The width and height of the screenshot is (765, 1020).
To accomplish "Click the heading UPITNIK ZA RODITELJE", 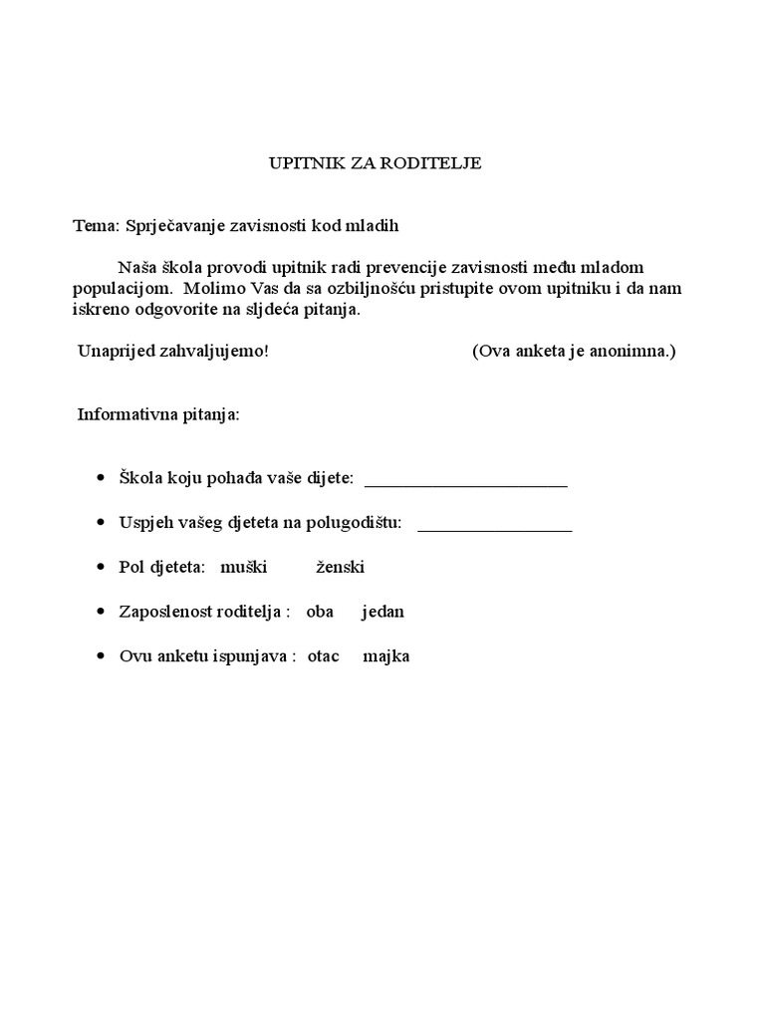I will pos(376,163).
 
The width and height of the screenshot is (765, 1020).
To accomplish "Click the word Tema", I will pos(94,225).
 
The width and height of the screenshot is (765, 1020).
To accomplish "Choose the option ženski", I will pos(341,568).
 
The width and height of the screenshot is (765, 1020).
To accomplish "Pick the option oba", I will pos(320,612).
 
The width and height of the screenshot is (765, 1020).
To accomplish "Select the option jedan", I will pos(383,612).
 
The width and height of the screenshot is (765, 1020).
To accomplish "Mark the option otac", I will pos(326,656).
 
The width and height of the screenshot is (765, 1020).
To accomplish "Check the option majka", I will pos(386,656).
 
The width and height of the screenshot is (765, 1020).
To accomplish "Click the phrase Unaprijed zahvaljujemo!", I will pos(173,352).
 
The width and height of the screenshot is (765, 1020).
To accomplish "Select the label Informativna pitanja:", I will pos(159,414).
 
